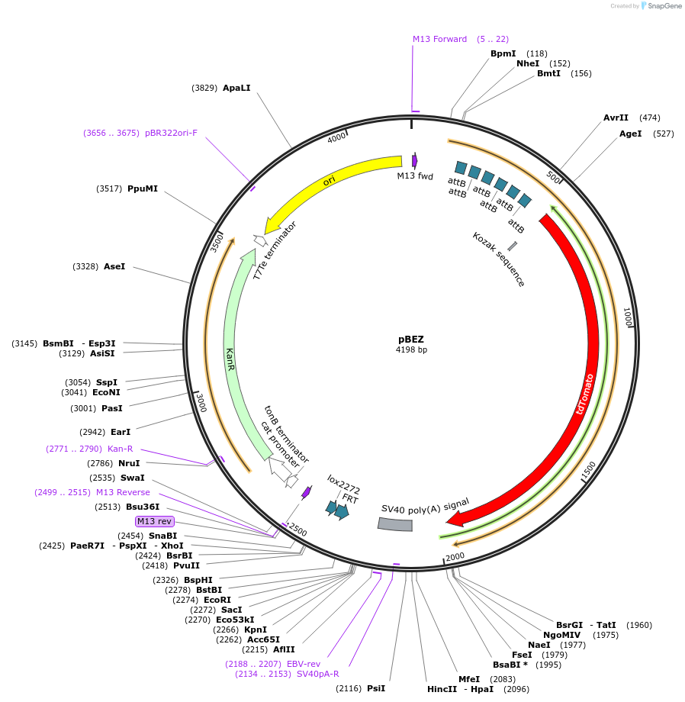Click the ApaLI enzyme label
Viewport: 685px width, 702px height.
coord(236,89)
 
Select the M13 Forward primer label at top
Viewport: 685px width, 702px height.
coord(439,39)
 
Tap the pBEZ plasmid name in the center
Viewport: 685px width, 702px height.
coord(411,339)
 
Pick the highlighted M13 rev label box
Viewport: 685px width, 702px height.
coord(155,521)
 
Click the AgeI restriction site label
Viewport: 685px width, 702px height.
coord(630,134)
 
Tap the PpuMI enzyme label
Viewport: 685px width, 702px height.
coord(143,188)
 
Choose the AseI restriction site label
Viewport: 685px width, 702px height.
coord(114,266)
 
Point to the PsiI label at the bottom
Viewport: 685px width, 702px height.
coord(376,688)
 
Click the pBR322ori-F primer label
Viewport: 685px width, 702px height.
coord(171,133)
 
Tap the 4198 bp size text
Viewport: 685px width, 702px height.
coord(411,349)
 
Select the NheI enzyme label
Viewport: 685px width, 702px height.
coord(528,63)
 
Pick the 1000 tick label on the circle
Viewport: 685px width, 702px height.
coord(627,317)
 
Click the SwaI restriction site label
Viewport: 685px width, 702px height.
coord(133,478)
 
